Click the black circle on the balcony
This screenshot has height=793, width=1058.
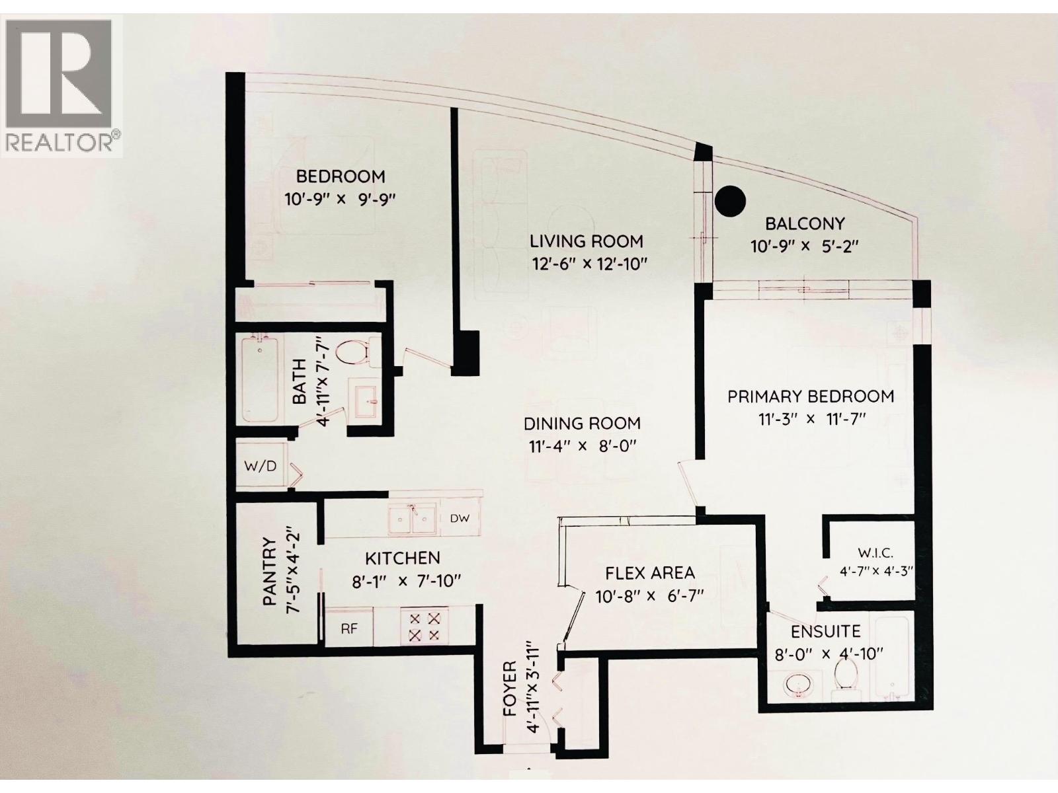tap(731, 200)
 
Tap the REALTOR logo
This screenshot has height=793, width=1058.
tap(63, 86)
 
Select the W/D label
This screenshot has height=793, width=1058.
tap(260, 466)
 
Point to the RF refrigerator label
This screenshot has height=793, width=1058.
tap(349, 628)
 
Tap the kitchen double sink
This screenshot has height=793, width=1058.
tap(411, 519)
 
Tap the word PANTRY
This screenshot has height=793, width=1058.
tap(269, 572)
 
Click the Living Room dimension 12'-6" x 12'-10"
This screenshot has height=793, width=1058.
tap(589, 264)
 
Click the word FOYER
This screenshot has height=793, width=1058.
tap(509, 689)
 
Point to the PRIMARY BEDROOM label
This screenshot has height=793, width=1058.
tap(811, 397)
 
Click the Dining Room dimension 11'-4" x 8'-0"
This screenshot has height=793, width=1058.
tap(582, 446)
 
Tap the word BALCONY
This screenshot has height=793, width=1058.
tap(805, 223)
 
